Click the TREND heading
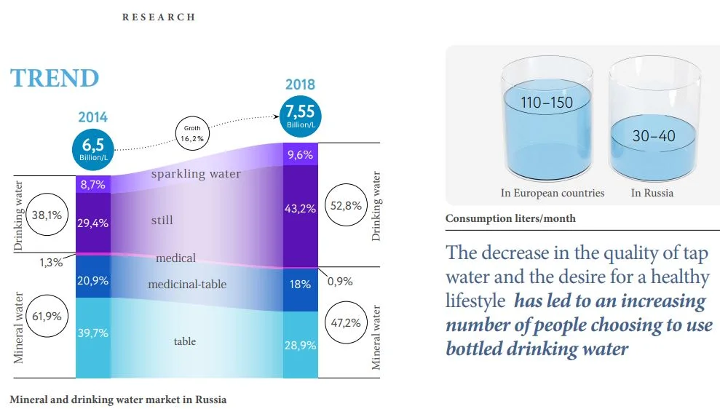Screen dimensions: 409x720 [55, 78]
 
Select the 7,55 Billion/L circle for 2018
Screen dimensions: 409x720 [300, 116]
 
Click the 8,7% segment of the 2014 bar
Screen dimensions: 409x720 [93, 185]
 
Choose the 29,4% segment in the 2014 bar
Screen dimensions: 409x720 [93, 223]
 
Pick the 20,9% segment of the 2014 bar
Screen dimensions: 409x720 [93, 280]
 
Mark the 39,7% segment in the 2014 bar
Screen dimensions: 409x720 [93, 333]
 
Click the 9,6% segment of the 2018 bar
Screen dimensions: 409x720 [300, 154]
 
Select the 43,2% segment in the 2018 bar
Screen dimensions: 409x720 [300, 209]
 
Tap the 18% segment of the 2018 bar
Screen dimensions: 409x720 [300, 285]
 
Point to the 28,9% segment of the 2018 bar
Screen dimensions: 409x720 [300, 345]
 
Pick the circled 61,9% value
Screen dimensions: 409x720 [46, 317]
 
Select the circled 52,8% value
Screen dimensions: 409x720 [346, 204]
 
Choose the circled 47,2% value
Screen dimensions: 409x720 [346, 323]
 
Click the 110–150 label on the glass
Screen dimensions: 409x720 [547, 103]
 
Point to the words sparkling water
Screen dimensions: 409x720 [196, 175]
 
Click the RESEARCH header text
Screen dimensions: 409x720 [159, 17]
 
